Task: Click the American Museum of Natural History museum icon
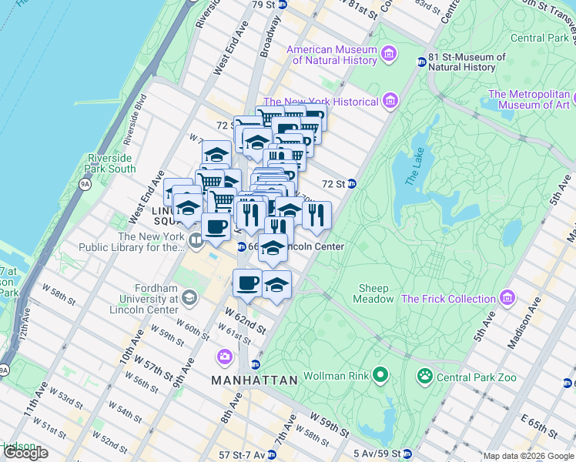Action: [390, 53]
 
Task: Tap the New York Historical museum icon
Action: [390, 101]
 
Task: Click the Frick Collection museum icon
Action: [507, 298]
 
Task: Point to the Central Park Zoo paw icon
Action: [424, 377]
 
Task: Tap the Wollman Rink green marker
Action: [380, 376]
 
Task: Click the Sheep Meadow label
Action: [373, 293]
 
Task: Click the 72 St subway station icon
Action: [351, 184]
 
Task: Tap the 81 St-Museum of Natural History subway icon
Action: [421, 62]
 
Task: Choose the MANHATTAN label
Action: [254, 380]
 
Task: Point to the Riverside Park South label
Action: [111, 163]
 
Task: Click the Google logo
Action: [25, 453]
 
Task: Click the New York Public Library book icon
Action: [196, 242]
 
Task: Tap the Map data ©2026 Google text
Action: [527, 456]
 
